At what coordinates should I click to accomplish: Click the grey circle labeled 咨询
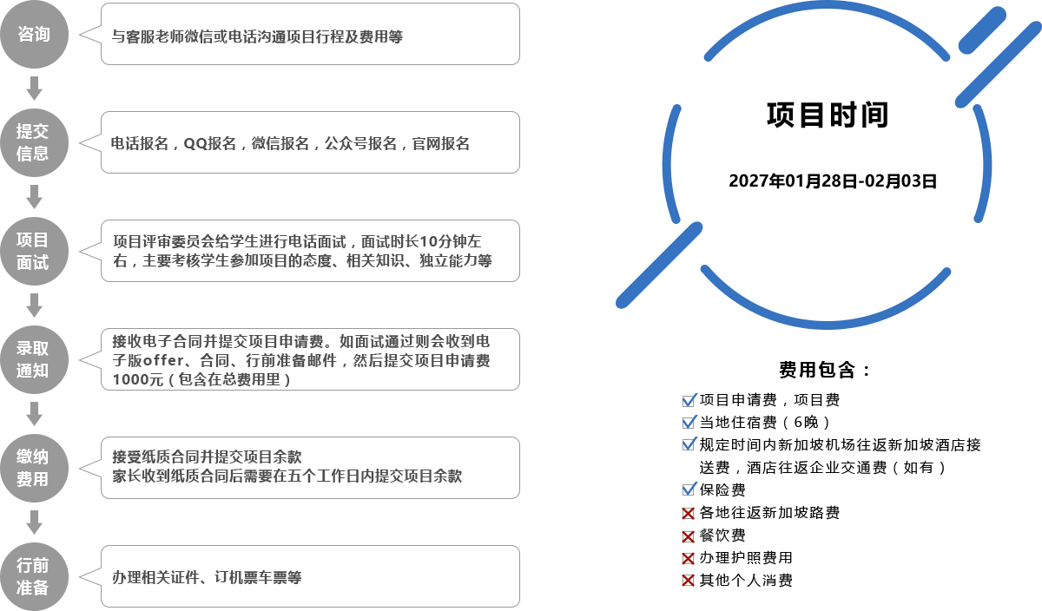[34, 34]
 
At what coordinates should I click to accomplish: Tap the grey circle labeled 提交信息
[34, 142]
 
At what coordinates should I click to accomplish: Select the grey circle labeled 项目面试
[34, 251]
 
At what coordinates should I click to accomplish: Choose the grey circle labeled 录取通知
[34, 359]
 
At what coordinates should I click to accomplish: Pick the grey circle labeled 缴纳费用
[34, 468]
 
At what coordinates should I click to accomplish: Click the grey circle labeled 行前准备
[34, 576]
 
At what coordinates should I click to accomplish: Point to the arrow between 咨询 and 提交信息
[34, 89]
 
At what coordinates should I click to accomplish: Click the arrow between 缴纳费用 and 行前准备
[34, 522]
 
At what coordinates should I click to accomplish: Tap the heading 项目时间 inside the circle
[828, 115]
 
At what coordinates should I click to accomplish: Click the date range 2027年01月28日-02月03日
[833, 181]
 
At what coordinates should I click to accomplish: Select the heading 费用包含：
[825, 370]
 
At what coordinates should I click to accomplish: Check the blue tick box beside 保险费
[689, 489]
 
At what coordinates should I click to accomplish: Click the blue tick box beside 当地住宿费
[689, 422]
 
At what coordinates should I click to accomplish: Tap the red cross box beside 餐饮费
[688, 536]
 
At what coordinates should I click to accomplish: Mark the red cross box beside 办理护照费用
[688, 558]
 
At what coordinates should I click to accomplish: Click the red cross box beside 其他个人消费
[688, 581]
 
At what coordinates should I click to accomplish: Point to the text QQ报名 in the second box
[210, 144]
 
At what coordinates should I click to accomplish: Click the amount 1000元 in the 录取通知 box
[138, 379]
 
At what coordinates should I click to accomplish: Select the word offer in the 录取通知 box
[163, 360]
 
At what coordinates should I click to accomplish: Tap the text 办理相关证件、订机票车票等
[207, 577]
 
